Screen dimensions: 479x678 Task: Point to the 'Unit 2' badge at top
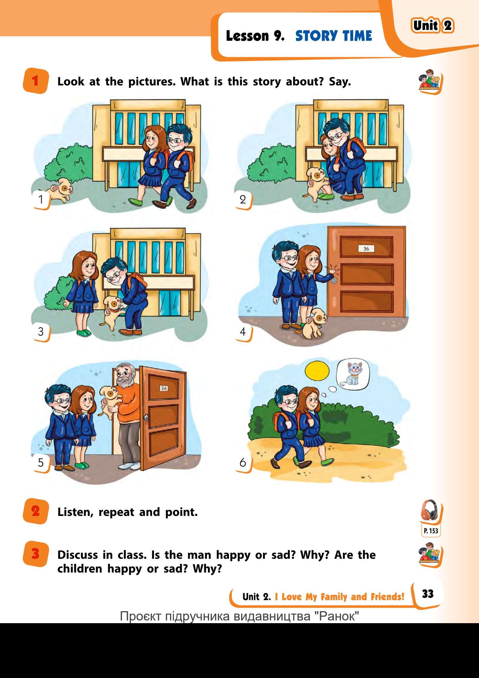(433, 26)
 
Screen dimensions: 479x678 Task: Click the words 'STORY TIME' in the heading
(334, 36)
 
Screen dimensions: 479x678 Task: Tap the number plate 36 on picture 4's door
(366, 249)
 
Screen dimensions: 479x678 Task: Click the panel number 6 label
(242, 463)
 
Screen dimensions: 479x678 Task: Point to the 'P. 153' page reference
(431, 531)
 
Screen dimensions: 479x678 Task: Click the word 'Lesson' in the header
(247, 36)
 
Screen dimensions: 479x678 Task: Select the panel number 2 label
(243, 199)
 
